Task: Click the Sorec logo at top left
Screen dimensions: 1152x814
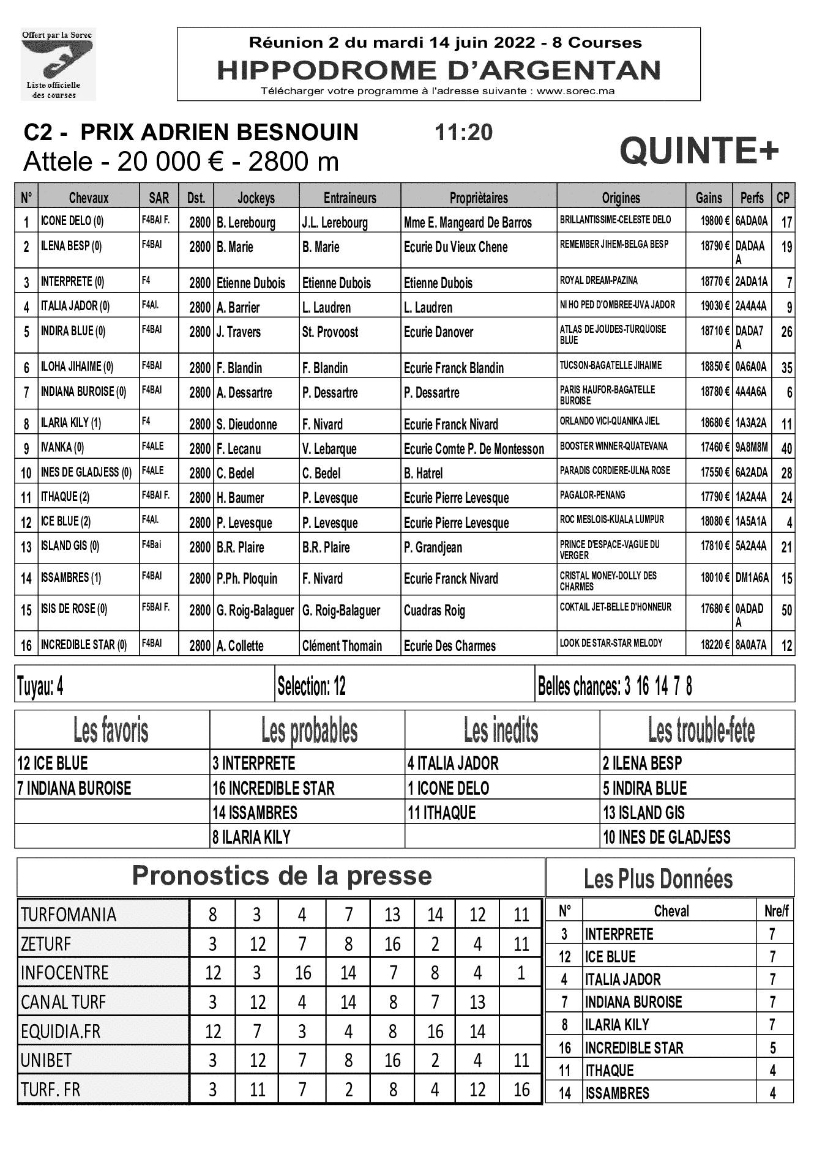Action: click(58, 64)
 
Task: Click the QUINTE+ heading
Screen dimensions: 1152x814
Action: click(699, 151)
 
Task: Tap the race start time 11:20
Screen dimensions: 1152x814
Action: click(463, 132)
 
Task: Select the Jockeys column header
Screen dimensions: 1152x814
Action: click(256, 198)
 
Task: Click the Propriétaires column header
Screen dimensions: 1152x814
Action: click(478, 198)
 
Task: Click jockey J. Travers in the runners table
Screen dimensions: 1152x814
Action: click(239, 332)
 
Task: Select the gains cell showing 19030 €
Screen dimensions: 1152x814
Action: click(715, 305)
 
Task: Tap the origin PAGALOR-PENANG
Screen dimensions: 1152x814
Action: click(592, 495)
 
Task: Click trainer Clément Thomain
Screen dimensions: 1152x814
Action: click(342, 645)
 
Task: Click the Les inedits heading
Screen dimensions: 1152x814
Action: click(501, 730)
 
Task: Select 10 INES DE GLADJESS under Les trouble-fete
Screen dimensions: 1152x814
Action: click(667, 837)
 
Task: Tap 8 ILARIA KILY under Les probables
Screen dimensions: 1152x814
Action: click(252, 837)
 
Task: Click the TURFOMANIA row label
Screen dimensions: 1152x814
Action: click(69, 915)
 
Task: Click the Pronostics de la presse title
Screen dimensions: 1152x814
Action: click(282, 876)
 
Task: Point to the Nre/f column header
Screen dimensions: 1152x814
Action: click(776, 911)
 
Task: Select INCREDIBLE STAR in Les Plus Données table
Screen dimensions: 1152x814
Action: click(633, 1048)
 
